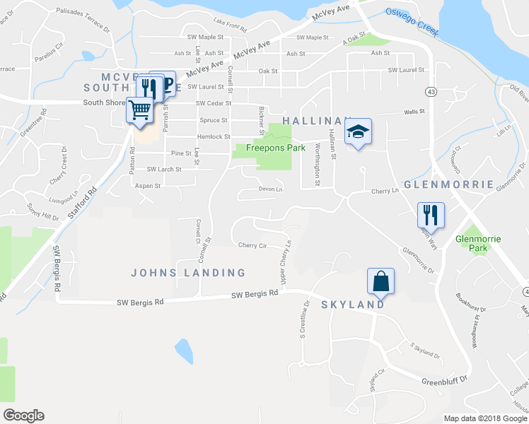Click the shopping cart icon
pyautogui.click(x=140, y=110)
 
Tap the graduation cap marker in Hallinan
pyautogui.click(x=359, y=131)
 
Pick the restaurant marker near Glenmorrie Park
pyautogui.click(x=430, y=213)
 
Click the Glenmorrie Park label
pyautogui.click(x=478, y=243)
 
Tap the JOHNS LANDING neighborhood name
pyautogui.click(x=189, y=273)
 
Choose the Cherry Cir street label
pyautogui.click(x=252, y=245)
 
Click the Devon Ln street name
pyautogui.click(x=270, y=189)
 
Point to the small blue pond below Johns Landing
pyautogui.click(x=183, y=350)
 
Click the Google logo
pyautogui.click(x=23, y=416)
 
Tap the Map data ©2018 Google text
pyautogui.click(x=485, y=418)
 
